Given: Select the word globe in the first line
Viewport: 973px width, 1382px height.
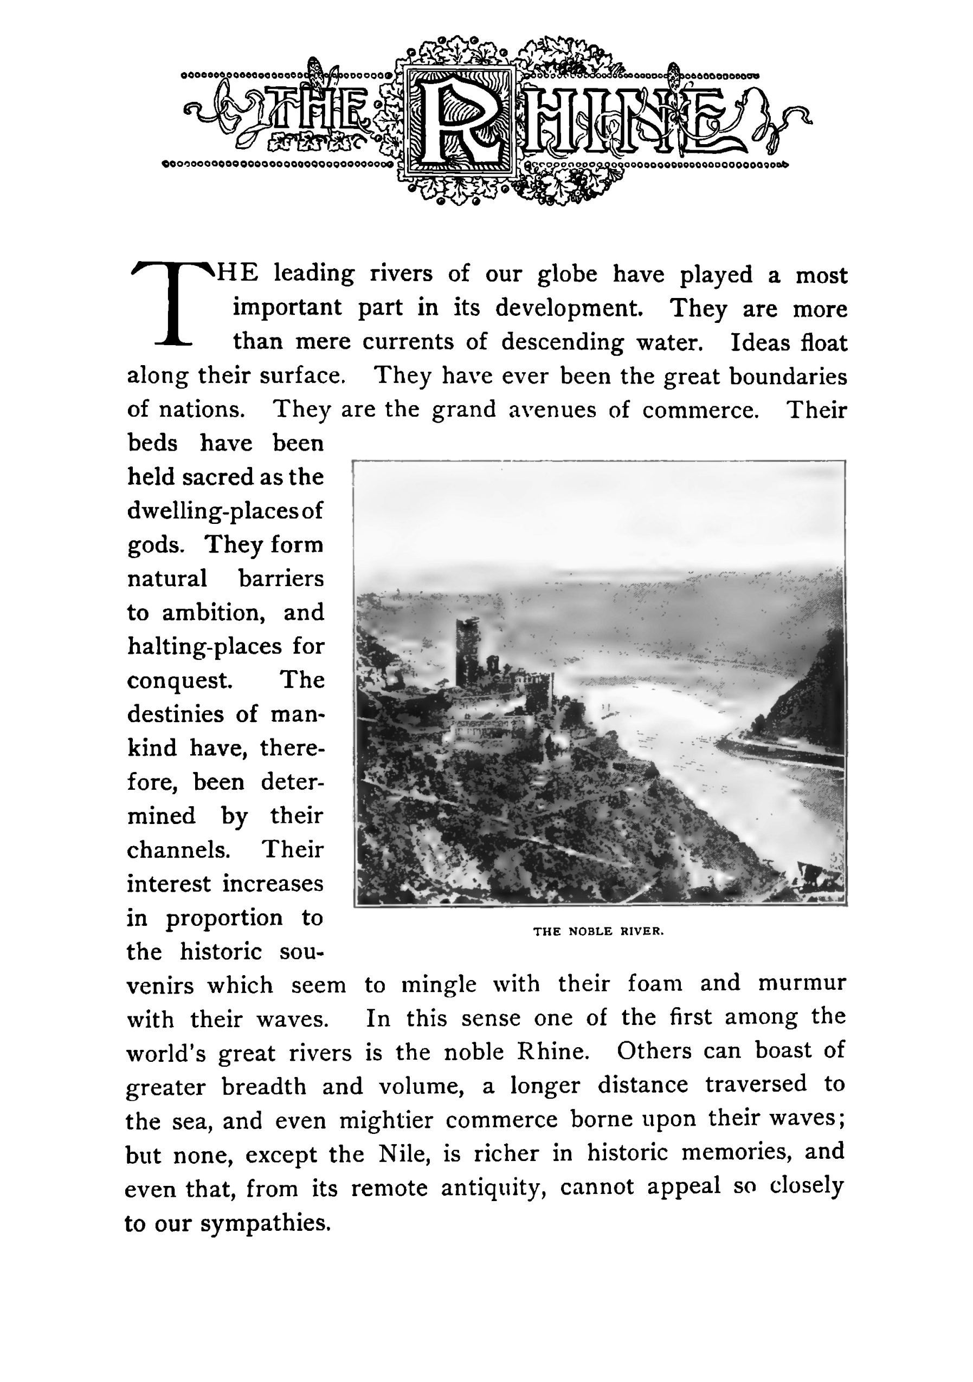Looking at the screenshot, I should pyautogui.click(x=567, y=275).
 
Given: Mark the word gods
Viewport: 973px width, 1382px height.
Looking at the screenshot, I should pyautogui.click(x=153, y=546).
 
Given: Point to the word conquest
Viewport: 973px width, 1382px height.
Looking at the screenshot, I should pyautogui.click(x=179, y=681).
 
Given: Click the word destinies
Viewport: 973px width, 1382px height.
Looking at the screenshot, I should pyautogui.click(x=175, y=715).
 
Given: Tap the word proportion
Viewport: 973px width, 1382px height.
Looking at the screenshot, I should pyautogui.click(x=224, y=918).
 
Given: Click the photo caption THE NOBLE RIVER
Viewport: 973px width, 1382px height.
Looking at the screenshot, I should pyautogui.click(x=598, y=931).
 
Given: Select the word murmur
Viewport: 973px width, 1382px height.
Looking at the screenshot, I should pyautogui.click(x=802, y=983).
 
